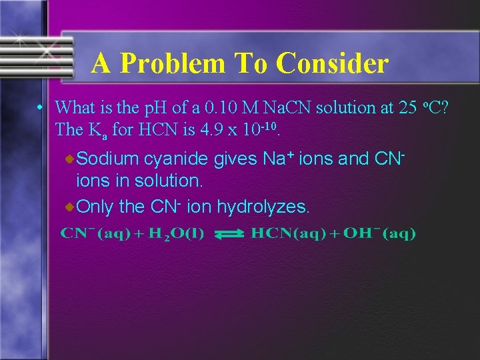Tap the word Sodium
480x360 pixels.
pyautogui.click(x=110, y=159)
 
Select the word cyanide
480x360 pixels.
pyautogui.click(x=179, y=159)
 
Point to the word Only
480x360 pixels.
pyautogui.click(x=96, y=207)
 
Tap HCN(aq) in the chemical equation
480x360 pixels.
pyautogui.click(x=287, y=233)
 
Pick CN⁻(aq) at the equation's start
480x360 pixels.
pyautogui.click(x=95, y=233)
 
